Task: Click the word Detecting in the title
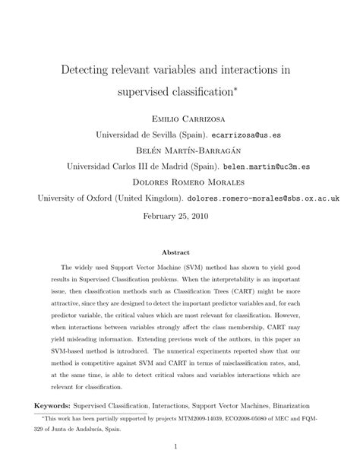tap(93, 69)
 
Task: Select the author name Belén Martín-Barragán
tap(179, 150)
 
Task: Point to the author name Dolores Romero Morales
tap(179, 182)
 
